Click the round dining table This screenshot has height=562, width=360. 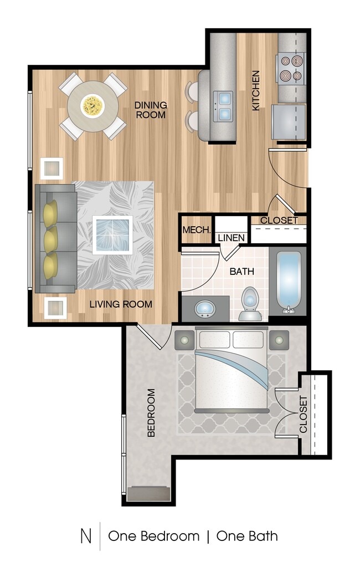92,106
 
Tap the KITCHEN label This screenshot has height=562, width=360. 256,90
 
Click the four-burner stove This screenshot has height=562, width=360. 291,68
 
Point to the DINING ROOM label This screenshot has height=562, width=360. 150,110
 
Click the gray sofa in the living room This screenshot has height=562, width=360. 55,238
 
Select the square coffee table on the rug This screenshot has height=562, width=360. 112,234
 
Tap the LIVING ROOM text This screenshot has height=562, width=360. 121,304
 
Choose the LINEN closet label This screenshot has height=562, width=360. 231,238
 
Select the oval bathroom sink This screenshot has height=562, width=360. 205,308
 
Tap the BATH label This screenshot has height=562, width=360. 242,272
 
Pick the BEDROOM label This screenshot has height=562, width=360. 151,413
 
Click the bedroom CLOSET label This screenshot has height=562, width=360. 304,414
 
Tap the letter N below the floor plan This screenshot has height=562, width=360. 86,536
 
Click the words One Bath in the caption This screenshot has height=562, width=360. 247,536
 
